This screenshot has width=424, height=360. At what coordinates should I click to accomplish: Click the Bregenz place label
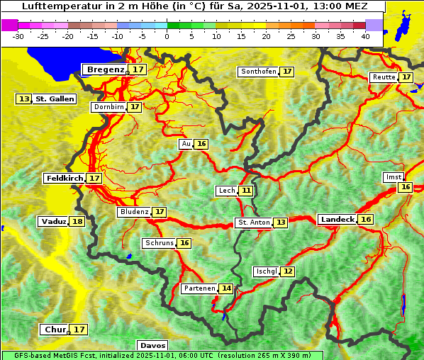tap(105, 69)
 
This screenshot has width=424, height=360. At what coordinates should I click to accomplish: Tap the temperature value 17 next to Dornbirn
tap(135, 107)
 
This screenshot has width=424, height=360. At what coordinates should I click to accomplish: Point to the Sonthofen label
tap(258, 72)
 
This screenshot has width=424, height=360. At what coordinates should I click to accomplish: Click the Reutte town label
tap(384, 77)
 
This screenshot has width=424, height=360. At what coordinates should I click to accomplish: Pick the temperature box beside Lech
tap(245, 191)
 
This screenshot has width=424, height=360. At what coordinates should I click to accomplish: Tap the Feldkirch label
tap(64, 179)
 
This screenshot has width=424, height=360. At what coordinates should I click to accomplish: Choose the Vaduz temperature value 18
tap(77, 222)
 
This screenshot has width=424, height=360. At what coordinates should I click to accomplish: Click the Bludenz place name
tap(134, 212)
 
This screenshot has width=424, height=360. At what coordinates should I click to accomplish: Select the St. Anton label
tap(253, 223)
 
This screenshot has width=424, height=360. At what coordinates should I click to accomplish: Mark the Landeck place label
tap(337, 220)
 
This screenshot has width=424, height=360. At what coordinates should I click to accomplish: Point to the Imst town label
tap(392, 176)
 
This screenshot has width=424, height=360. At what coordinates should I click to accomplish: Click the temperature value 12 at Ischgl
tap(287, 271)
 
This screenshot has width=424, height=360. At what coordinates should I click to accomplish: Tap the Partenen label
tap(199, 288)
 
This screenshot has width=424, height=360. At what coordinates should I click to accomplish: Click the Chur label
tap(55, 330)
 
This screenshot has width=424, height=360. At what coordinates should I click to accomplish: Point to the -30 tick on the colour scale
tap(18, 36)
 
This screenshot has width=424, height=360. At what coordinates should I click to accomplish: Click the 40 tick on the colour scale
tap(365, 36)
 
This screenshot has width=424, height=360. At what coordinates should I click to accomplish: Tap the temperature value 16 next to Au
tap(201, 144)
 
